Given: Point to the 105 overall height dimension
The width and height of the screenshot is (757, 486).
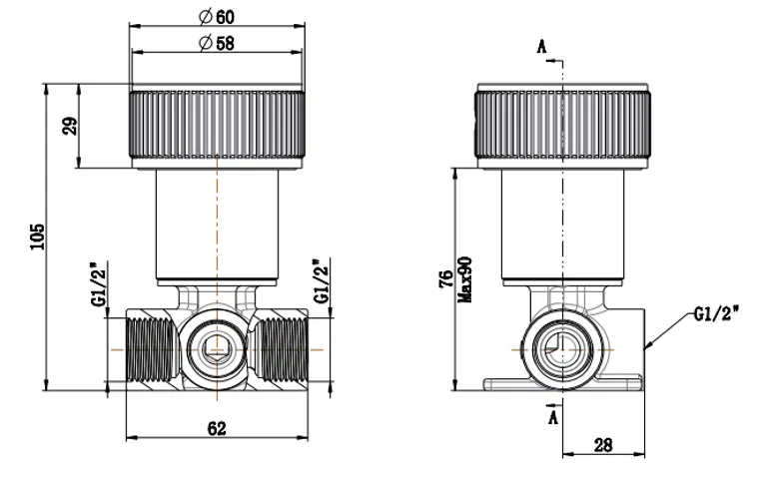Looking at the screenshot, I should pyautogui.click(x=37, y=237).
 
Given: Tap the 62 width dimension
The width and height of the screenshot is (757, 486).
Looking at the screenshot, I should pyautogui.click(x=217, y=428).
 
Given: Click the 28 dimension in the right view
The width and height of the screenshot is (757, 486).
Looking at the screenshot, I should pyautogui.click(x=603, y=446).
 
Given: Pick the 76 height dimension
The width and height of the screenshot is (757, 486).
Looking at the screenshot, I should pyautogui.click(x=446, y=280).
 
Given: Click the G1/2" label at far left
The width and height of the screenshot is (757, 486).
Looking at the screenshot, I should pyautogui.click(x=98, y=284).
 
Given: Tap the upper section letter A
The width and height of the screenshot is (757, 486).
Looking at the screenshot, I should pyautogui.click(x=541, y=47).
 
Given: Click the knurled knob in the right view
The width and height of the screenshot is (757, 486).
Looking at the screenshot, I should pyautogui.click(x=562, y=124).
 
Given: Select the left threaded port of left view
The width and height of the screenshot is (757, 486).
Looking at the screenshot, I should pyautogui.click(x=147, y=350).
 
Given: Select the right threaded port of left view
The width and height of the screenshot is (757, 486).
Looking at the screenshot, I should pyautogui.click(x=285, y=350).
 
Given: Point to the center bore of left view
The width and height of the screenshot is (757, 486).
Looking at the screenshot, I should pyautogui.click(x=216, y=349).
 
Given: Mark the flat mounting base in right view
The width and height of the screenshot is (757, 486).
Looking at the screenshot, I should pyautogui.click(x=561, y=381).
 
